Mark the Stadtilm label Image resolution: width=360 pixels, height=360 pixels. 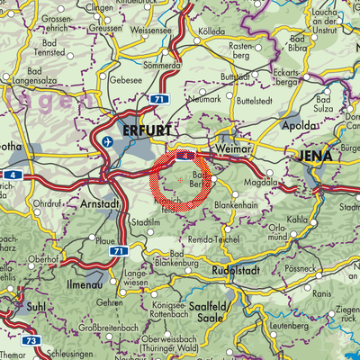tap(145, 221)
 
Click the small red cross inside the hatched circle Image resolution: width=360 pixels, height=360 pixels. tap(181, 181)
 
